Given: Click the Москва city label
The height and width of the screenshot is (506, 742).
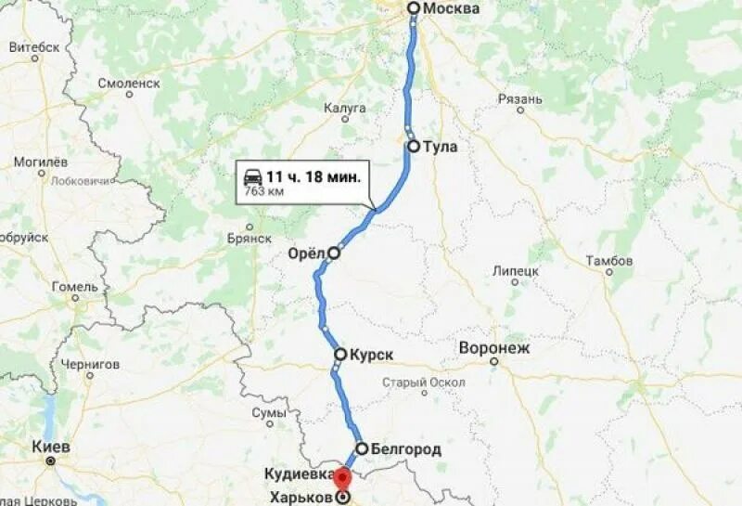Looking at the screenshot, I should pyautogui.click(x=452, y=8).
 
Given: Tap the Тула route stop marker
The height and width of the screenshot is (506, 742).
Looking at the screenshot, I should pyautogui.click(x=414, y=146).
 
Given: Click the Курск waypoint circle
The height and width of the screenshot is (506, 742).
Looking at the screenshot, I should pyautogui.click(x=340, y=354).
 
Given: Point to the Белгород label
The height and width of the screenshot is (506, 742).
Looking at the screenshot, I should pyautogui.click(x=405, y=449).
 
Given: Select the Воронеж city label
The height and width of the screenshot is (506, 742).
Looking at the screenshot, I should pyautogui.click(x=493, y=349).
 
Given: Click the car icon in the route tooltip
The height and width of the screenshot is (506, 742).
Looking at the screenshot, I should pyautogui.click(x=252, y=177).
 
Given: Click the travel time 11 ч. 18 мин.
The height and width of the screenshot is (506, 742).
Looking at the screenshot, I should pyautogui.click(x=313, y=175).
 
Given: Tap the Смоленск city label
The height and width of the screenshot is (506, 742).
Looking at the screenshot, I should pyautogui.click(x=129, y=83).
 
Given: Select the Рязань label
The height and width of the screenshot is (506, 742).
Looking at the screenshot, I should pyautogui.click(x=519, y=99).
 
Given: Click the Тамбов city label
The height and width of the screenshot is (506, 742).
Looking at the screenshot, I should pyautogui.click(x=609, y=261).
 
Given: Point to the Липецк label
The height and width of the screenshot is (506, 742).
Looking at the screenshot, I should pyautogui.click(x=517, y=270).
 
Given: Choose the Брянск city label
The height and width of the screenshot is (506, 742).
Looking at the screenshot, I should pyautogui.click(x=248, y=238).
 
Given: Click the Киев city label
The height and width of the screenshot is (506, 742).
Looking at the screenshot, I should pyautogui.click(x=52, y=447).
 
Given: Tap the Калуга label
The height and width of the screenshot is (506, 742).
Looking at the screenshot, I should pyautogui.click(x=345, y=109).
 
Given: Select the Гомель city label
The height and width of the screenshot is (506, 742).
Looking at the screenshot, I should pyautogui.click(x=75, y=286).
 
